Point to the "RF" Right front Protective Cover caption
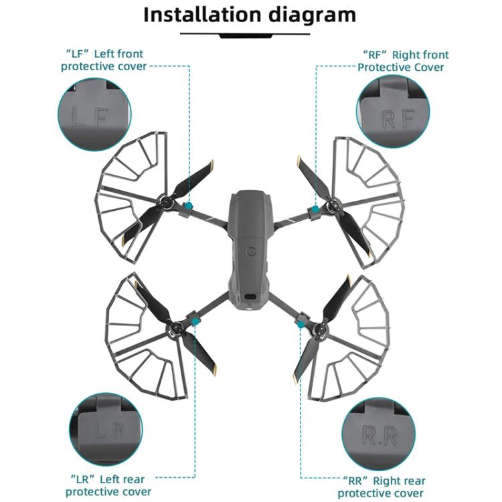(x=401, y=60)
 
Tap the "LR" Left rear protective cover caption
(x=107, y=485)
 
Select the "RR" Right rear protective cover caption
(x=382, y=487)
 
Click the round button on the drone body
(x=250, y=252)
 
